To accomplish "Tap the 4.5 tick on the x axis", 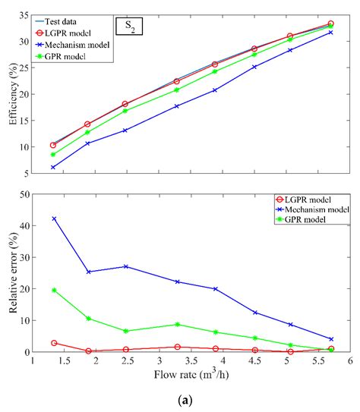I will click(x=254, y=363).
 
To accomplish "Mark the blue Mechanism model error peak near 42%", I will click(x=53, y=219).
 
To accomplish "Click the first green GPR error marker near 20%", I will click(x=53, y=290).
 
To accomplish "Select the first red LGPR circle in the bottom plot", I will click(x=53, y=343).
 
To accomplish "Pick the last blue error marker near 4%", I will click(x=330, y=339).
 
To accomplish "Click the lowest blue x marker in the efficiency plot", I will click(x=53, y=168).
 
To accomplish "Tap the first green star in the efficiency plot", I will click(x=53, y=155).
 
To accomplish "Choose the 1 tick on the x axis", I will click(x=33, y=363).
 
